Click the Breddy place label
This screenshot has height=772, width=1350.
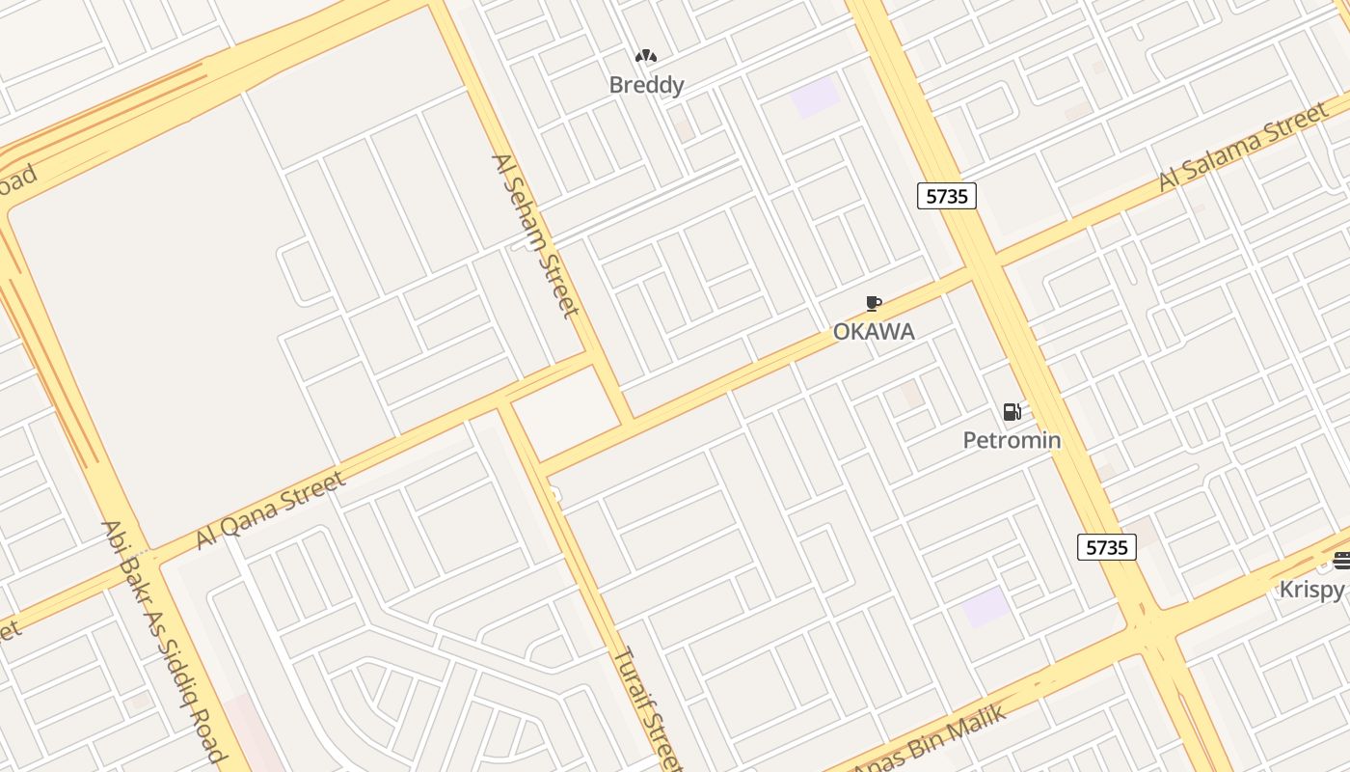(x=646, y=85)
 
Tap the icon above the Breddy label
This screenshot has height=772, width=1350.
(x=646, y=57)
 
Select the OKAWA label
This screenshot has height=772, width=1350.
(x=874, y=331)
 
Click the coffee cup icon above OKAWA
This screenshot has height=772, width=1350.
(x=874, y=304)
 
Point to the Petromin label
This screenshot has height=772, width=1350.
(x=1012, y=440)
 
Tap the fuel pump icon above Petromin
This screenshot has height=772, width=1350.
(x=1012, y=413)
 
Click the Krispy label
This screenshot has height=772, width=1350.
(x=1312, y=589)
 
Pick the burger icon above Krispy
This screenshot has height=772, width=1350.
(x=1341, y=561)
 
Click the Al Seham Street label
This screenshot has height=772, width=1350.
(x=535, y=234)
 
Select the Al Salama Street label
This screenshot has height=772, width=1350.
(x=1244, y=149)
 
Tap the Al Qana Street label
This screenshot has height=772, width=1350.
(x=270, y=509)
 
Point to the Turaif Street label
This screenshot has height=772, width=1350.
(x=648, y=708)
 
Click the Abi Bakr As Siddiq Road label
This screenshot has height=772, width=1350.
(x=163, y=642)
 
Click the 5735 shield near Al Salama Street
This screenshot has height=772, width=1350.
(x=946, y=196)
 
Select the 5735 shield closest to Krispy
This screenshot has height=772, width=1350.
(x=1106, y=547)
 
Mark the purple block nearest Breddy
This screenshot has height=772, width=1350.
(x=815, y=97)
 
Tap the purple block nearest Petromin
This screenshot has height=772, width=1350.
(x=985, y=607)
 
